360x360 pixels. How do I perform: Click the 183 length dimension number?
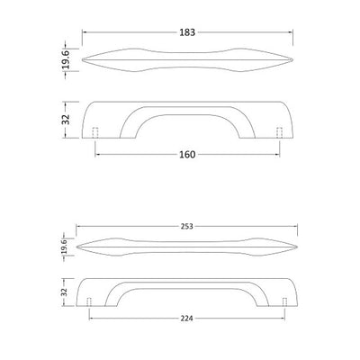pyautogui.click(x=187, y=32)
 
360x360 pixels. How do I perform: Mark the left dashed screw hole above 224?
pyautogui.click(x=89, y=301)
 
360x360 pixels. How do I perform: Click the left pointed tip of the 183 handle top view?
pyautogui.click(x=83, y=59)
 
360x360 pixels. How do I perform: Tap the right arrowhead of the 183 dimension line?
pyautogui.click(x=291, y=32)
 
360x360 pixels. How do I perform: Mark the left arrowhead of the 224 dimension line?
pyautogui.click(x=91, y=316)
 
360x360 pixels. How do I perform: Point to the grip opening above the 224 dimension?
pyautogui.click(x=187, y=297)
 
